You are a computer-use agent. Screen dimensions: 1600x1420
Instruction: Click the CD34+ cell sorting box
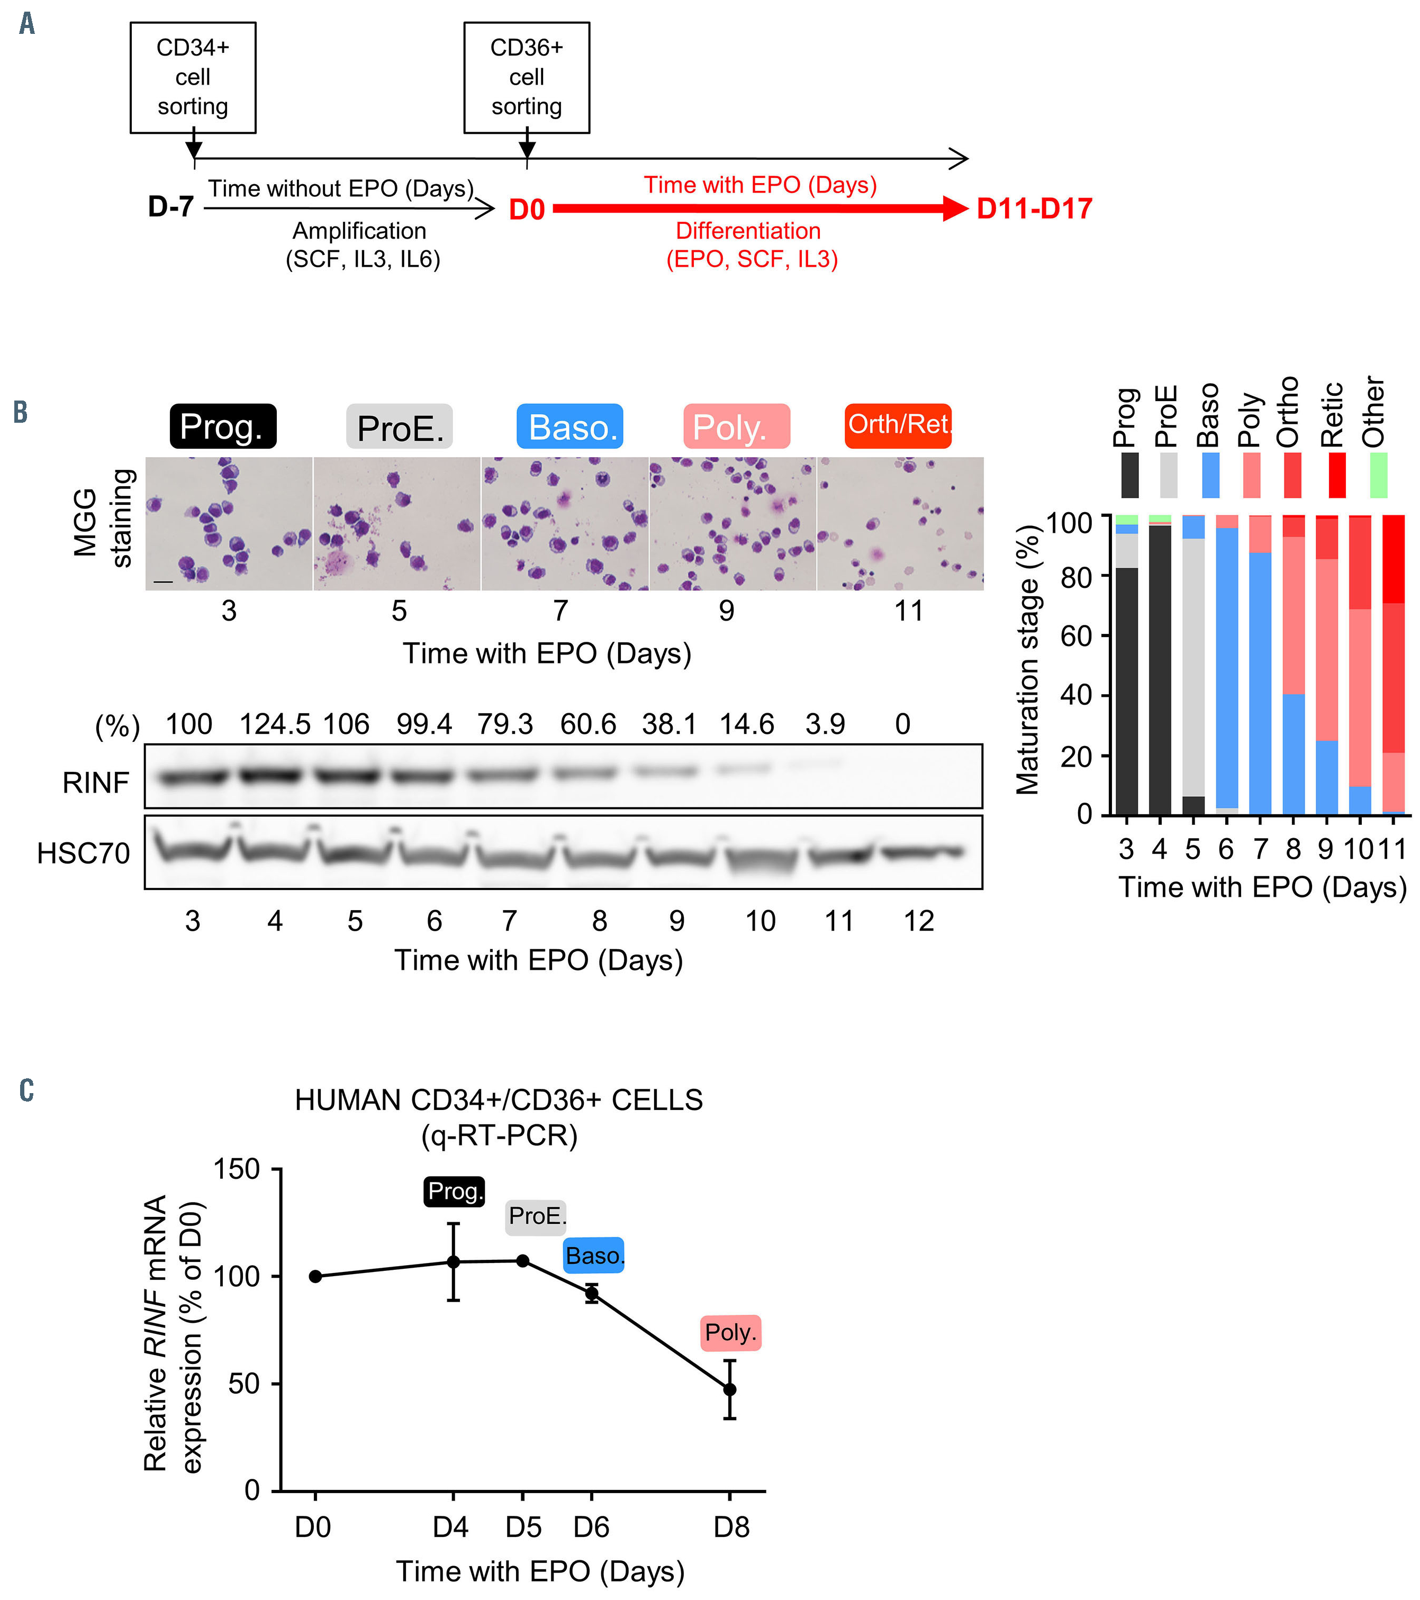pyautogui.click(x=193, y=77)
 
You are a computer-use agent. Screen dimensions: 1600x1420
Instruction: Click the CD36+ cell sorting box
pyautogui.click(x=526, y=77)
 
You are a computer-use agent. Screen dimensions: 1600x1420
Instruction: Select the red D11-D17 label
pyautogui.click(x=1034, y=209)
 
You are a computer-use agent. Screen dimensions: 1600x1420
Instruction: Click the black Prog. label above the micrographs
pyautogui.click(x=223, y=426)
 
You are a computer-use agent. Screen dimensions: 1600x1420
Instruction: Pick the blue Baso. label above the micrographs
pyautogui.click(x=570, y=426)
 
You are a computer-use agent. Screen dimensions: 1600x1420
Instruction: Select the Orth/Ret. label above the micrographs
pyautogui.click(x=898, y=425)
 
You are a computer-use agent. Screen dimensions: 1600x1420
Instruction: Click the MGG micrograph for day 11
pyautogui.click(x=900, y=524)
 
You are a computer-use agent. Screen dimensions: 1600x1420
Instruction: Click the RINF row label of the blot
pyautogui.click(x=95, y=782)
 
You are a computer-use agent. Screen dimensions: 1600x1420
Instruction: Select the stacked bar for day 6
pyautogui.click(x=1227, y=666)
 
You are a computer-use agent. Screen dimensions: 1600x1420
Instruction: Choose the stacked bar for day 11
pyautogui.click(x=1394, y=666)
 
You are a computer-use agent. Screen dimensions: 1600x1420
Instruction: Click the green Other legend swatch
pyautogui.click(x=1379, y=475)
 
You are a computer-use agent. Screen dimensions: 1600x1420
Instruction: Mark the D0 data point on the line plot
pyautogui.click(x=315, y=1277)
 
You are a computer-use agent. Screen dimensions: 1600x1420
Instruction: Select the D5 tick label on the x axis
pyautogui.click(x=523, y=1527)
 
